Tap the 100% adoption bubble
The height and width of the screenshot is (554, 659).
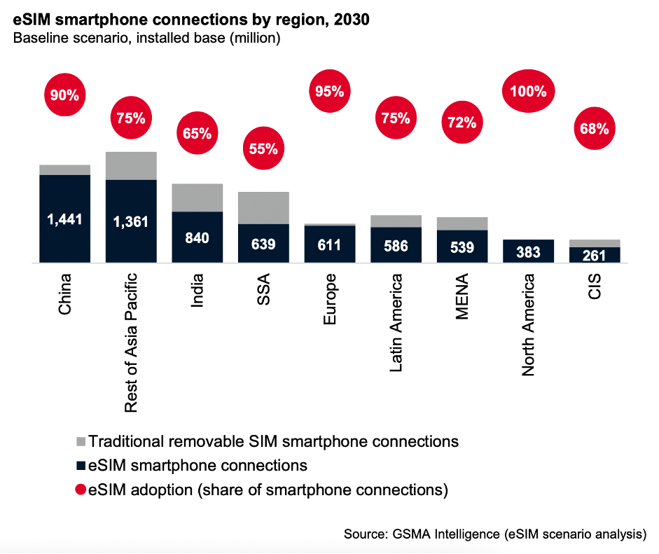coord(528,91)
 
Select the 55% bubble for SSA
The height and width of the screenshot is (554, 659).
coord(263,148)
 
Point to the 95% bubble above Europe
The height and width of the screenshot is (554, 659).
coord(329,90)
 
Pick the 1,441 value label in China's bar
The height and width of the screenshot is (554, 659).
coord(64,219)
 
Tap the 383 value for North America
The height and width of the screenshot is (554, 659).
coord(528,252)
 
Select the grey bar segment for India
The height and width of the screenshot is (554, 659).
coord(197,198)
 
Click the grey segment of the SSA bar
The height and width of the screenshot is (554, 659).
coord(263,207)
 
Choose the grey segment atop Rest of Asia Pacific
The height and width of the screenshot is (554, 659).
coord(131,165)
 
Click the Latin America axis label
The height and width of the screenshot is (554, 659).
coord(396,323)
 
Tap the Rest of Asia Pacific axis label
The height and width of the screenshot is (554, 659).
coord(131,342)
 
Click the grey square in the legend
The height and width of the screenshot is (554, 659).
coord(81,442)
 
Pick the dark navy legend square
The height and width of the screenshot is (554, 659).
coord(81,466)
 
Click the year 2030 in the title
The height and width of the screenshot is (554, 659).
coord(351,20)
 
